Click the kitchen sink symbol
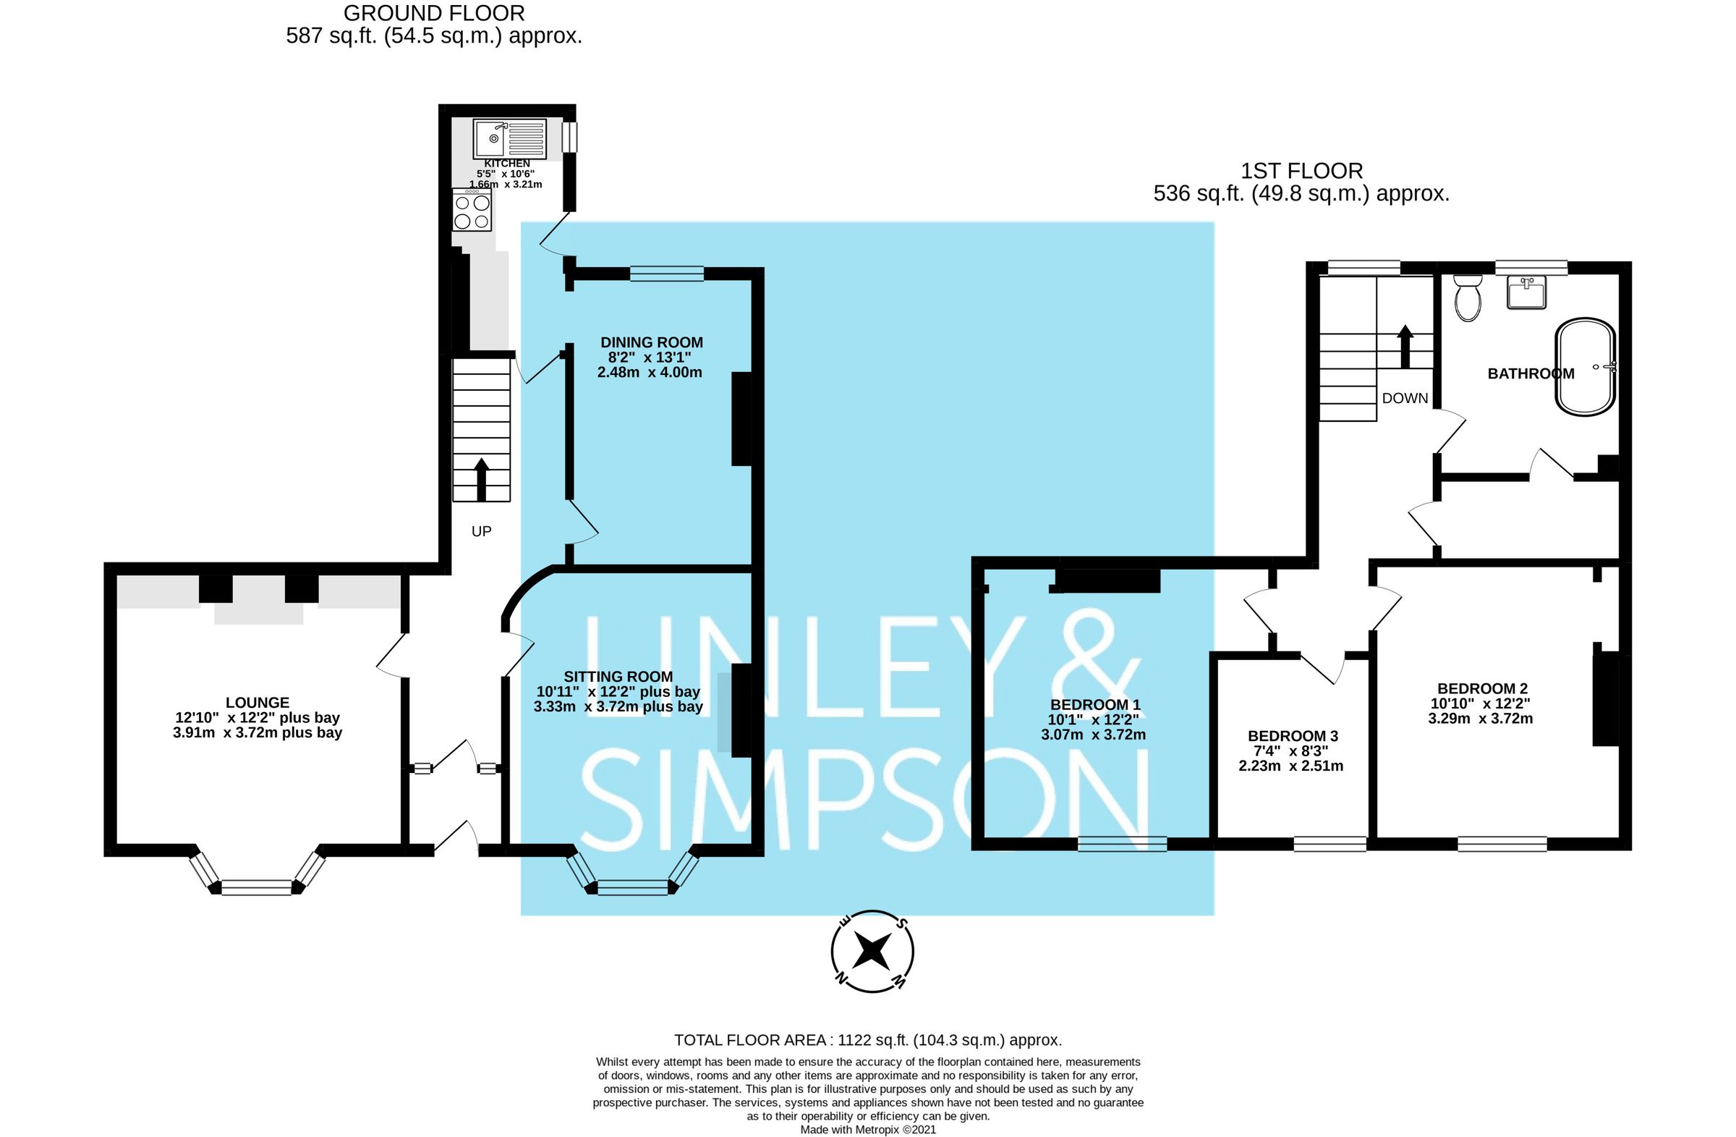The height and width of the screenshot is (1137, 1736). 509,139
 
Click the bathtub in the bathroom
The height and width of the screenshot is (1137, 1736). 1586,366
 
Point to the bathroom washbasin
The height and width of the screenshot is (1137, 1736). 1527,293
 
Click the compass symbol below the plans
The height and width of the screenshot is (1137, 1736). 872,951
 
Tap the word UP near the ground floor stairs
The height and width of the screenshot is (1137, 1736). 482,531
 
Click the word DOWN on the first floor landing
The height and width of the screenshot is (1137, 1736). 1405,398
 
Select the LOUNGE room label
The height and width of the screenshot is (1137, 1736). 258,702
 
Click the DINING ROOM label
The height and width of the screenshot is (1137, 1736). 652,342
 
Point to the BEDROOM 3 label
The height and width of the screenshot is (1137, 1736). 1293,735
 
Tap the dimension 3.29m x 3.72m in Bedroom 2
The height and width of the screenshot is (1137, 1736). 1480,718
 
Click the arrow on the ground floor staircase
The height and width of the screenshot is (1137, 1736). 482,478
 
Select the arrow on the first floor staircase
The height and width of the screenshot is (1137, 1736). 1405,346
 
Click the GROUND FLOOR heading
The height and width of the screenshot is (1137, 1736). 433,13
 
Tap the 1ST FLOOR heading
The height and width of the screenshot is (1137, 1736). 1301,171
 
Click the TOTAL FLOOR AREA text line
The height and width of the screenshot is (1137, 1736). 867,1040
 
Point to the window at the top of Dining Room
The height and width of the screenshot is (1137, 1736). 667,274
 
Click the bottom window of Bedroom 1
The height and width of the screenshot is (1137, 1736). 1122,844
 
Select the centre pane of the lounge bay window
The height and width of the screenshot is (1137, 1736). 257,887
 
